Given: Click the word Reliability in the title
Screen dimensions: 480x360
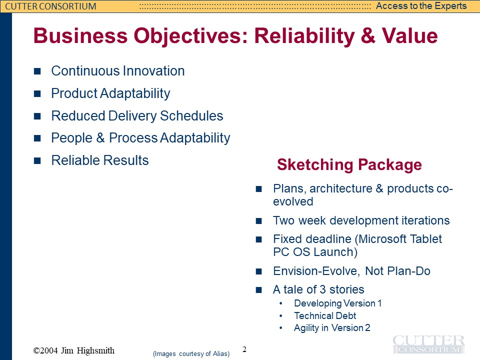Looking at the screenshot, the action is pos(304,36).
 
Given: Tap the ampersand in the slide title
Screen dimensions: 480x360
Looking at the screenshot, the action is pos(367,35).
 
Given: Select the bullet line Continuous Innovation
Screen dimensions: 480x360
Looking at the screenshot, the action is pos(118,70).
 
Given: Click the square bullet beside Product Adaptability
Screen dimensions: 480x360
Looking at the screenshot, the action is pos(37,93).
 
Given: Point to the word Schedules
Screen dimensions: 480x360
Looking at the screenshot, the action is pos(191,115).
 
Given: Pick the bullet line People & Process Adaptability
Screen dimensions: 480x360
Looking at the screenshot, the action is pos(140,138).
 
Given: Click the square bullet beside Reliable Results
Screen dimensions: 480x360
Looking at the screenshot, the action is pos(37,160).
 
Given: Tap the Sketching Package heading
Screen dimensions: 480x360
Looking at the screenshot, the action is pos(349,164).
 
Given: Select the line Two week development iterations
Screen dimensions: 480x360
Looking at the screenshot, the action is pos(361,220).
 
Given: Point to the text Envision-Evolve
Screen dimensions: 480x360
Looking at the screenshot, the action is pos(315,271).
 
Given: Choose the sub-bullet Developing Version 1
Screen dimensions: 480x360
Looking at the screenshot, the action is pos(337,303).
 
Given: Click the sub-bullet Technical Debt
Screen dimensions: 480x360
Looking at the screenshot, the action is pos(325,315).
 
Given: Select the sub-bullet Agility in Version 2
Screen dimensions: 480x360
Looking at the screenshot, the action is pos(332,328).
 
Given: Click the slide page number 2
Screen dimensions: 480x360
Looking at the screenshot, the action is pos(244,349).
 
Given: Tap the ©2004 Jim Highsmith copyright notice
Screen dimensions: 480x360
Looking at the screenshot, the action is pos(74,350).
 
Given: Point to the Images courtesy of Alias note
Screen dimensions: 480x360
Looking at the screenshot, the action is pos(191,354).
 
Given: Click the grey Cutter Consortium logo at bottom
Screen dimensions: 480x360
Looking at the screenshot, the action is pos(428,344).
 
